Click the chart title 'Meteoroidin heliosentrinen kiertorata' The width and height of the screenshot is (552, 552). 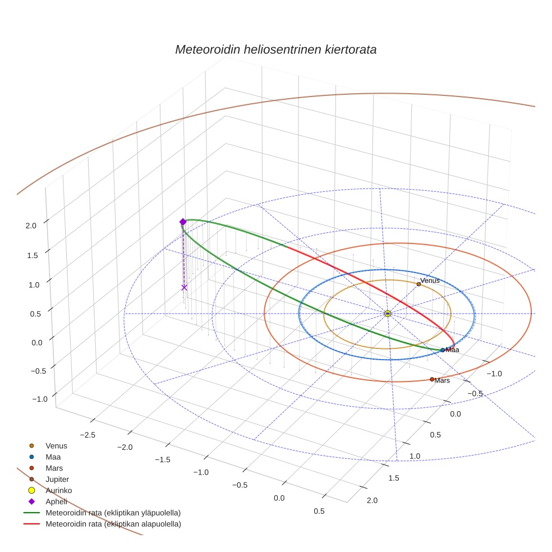click(275, 49)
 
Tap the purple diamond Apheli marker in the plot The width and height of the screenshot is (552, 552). click(183, 222)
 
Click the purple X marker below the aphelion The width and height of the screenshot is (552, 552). click(184, 287)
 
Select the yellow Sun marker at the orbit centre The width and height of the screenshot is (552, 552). click(388, 314)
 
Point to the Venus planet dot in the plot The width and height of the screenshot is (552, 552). click(418, 284)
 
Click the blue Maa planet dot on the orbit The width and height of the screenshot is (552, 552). click(443, 350)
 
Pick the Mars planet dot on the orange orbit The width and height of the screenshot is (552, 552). click(432, 379)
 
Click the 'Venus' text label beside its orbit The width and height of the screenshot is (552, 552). click(430, 280)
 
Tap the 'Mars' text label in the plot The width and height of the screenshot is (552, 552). click(442, 381)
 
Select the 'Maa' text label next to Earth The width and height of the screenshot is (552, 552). click(452, 350)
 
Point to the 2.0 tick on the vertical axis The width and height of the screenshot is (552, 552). click(31, 226)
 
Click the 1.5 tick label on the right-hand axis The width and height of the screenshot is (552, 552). click(394, 478)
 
